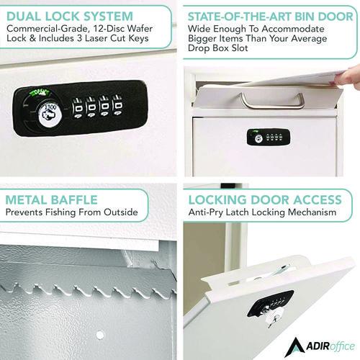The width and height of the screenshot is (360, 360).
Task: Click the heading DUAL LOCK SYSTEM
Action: pos(71,15)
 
